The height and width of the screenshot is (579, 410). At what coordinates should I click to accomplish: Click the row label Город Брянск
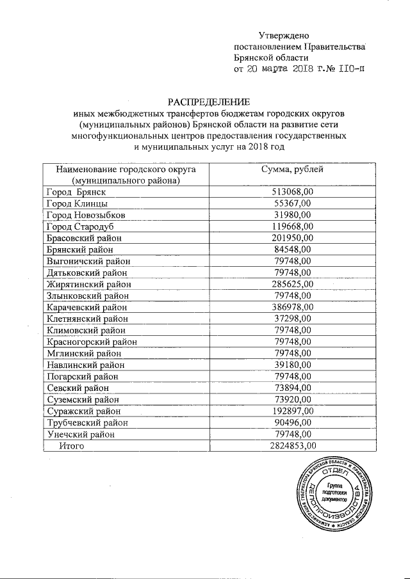tap(76, 191)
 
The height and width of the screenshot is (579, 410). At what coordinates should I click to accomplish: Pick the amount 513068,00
tap(293, 191)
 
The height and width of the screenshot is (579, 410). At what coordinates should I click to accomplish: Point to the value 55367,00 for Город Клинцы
tap(293, 203)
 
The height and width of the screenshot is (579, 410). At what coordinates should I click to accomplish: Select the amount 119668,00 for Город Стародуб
tap(293, 226)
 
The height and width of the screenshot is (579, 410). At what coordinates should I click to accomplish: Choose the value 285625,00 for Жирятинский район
tap(293, 283)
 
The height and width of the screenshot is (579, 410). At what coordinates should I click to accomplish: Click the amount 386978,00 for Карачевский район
tap(293, 307)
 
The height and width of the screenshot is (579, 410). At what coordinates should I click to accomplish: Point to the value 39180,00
tap(293, 365)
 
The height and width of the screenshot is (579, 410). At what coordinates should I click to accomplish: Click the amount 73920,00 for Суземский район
tap(293, 399)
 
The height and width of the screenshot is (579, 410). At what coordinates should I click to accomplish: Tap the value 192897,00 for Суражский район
tap(293, 411)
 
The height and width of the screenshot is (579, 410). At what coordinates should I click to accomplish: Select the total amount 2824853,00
tap(293, 446)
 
